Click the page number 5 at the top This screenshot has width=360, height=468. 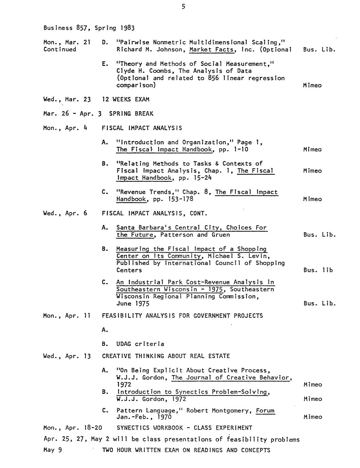tap(183, 6)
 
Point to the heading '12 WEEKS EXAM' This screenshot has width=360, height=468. tap(126, 99)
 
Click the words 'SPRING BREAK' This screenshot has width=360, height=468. tap(131, 114)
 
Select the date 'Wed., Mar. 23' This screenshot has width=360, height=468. tap(67, 99)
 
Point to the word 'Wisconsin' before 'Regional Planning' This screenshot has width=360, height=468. tap(131, 297)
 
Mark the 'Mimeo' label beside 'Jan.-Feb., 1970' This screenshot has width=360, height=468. tap(312, 417)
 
